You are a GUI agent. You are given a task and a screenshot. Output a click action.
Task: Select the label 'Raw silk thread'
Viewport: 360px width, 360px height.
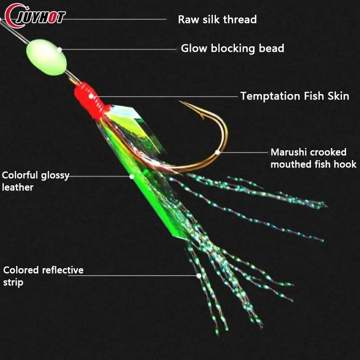217,19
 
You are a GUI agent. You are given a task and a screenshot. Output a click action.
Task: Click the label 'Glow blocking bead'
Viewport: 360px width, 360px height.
232,48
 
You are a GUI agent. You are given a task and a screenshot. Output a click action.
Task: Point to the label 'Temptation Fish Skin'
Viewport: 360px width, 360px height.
294,96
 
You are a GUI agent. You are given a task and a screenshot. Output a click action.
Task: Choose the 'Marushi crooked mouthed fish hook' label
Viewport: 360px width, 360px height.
313,158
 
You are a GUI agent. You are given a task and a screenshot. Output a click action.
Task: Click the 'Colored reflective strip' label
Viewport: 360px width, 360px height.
43,276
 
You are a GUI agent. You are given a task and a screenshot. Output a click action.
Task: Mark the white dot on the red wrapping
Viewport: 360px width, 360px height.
91,96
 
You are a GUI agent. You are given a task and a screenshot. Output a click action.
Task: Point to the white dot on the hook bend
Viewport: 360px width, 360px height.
218,152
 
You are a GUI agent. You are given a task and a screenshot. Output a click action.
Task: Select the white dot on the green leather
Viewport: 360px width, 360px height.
132,176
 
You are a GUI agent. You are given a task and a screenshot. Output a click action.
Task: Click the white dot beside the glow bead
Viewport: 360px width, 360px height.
59,49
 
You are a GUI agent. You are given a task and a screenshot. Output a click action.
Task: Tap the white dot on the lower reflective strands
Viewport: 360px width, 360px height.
198,275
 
